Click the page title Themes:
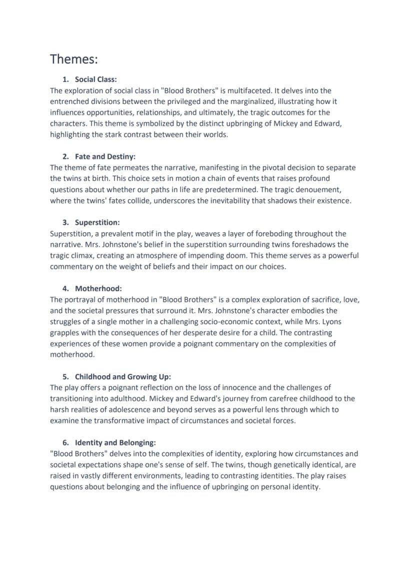click(73, 59)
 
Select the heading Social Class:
click(96, 80)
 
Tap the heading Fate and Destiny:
click(105, 157)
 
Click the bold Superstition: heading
click(97, 223)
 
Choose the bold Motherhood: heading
click(98, 289)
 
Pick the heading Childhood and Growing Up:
click(123, 377)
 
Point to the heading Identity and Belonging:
click(115, 443)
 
